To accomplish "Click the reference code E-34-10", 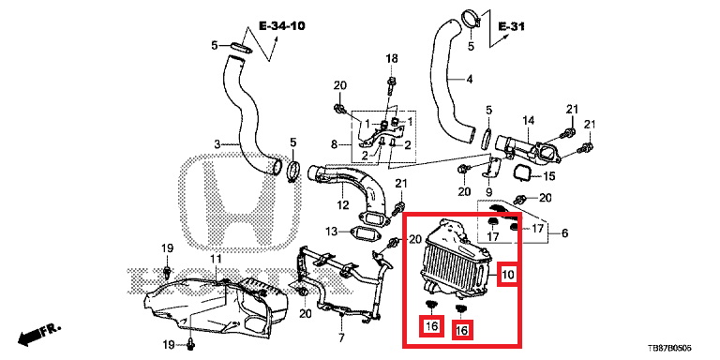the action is pos(282,25).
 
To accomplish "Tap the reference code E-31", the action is pos(511,26).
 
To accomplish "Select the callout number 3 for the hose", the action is pos(217,145).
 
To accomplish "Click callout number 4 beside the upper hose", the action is pos(469,80).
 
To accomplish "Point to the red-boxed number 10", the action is pos(507,275).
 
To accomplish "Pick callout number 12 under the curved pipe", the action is pos(343,204).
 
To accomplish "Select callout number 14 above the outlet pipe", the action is pos(529,121).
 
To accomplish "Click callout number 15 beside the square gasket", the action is pos(549,176).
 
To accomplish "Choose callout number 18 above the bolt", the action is pos(392,59).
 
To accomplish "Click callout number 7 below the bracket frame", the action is pos(341,338).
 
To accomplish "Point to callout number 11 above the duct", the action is pos(216,260).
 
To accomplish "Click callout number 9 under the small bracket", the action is pos(488,191).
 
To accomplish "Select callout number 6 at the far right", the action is pos(564,233).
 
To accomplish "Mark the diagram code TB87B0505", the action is pos(669,349).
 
